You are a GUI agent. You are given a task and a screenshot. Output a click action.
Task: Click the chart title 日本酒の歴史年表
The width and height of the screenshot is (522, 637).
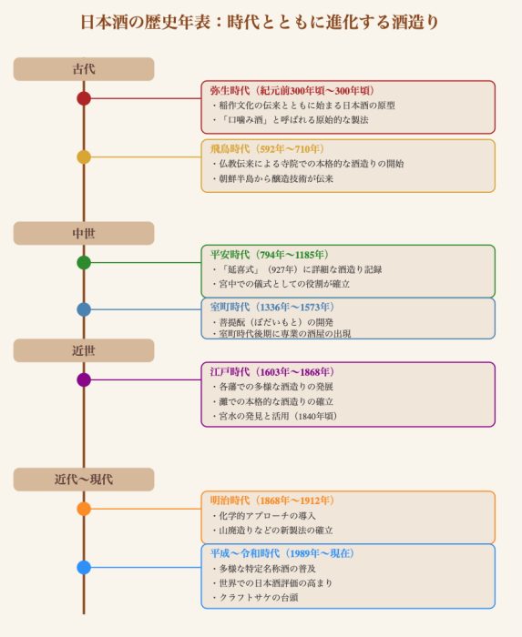coord(145,22)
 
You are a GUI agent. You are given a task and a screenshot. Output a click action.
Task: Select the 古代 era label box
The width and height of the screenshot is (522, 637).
coord(84,69)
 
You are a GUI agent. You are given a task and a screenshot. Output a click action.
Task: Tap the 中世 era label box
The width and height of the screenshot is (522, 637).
coord(84,233)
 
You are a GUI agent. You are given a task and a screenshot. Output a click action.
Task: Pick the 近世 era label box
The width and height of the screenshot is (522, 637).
coord(84,350)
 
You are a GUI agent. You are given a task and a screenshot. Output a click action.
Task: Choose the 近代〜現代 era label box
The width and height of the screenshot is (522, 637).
coord(84,480)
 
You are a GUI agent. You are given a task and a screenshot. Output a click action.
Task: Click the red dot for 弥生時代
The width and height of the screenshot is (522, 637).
coord(84,98)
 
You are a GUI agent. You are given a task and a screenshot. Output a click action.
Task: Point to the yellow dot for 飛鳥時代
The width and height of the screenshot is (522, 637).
coord(84,157)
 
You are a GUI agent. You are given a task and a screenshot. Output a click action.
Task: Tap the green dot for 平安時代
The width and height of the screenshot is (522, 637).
coord(84,262)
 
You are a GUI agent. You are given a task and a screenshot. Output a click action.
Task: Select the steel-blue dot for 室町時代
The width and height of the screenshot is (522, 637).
coord(84,309)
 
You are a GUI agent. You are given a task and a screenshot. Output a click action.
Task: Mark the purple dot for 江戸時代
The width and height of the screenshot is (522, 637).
coord(84,379)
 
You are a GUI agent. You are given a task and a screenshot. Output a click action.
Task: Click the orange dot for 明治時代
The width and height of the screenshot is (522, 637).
coord(84,509)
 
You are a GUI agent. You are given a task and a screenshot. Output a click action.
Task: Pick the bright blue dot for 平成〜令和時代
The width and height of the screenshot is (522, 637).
coord(84,567)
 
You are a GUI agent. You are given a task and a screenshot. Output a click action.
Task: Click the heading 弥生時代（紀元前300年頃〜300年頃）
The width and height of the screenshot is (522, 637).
coord(292,91)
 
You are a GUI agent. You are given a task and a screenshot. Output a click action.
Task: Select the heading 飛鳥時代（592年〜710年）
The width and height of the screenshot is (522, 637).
coord(267,149)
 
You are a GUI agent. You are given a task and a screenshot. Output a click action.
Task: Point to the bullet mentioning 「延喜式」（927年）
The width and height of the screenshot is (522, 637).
coord(297,269)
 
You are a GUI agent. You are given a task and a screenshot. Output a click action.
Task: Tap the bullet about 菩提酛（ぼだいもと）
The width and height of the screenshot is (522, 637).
coord(272,322)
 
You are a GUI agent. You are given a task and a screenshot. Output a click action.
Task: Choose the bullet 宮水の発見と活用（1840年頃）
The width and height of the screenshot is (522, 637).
coord(275,416)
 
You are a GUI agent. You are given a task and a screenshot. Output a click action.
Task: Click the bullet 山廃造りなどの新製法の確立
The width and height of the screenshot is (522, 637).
coord(272,531)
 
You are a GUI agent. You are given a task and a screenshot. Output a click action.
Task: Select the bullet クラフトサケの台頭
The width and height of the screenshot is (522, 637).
coord(255,597)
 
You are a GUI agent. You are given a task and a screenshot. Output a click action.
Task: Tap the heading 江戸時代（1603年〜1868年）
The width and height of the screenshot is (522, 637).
coord(272,371)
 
